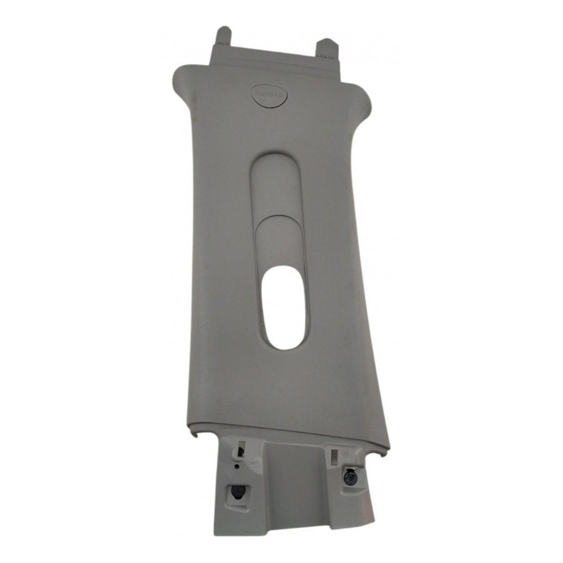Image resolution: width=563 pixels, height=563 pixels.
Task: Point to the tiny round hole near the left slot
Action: click(x=236, y=466)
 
